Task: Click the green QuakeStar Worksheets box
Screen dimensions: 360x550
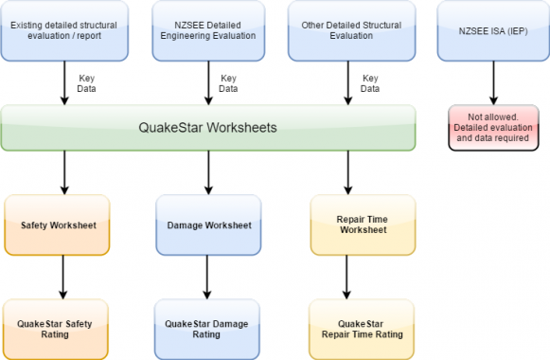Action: point(208,128)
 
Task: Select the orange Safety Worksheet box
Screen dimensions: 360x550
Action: point(57,225)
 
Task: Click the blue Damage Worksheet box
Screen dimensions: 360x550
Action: point(207,225)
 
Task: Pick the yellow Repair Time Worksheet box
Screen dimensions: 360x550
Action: point(362,225)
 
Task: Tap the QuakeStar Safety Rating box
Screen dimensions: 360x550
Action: point(57,328)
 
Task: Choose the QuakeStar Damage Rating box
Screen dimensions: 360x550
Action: point(207,328)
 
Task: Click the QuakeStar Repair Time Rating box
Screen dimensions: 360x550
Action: point(362,328)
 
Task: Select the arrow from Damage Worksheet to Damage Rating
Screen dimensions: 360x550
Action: point(207,277)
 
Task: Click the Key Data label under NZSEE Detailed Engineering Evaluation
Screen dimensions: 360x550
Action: point(228,83)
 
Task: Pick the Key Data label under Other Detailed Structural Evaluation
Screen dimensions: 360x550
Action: point(370,83)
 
